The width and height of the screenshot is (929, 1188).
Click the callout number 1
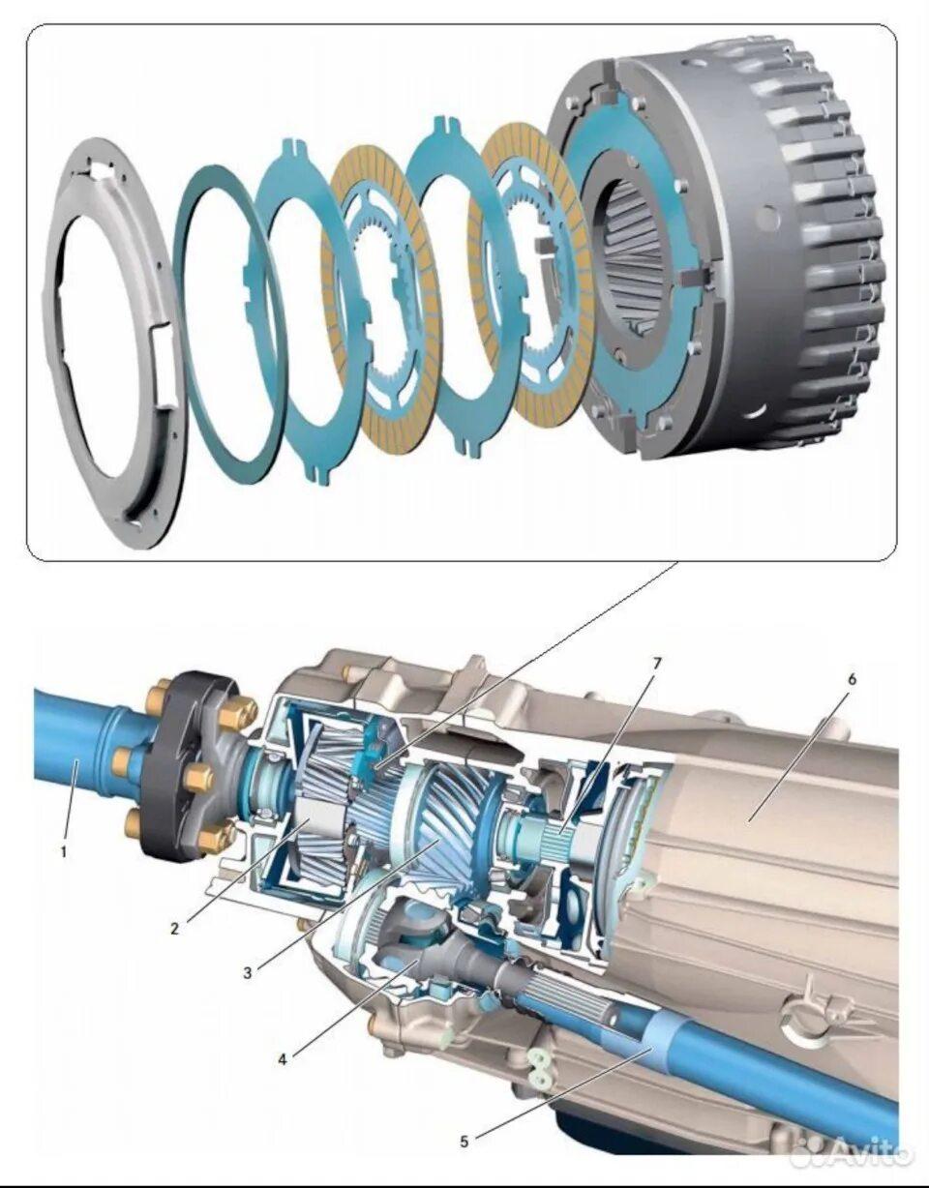click(64, 851)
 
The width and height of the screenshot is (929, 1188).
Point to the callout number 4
click(283, 1059)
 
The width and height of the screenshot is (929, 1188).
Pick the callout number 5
click(464, 1126)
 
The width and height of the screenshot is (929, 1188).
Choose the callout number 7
click(657, 663)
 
